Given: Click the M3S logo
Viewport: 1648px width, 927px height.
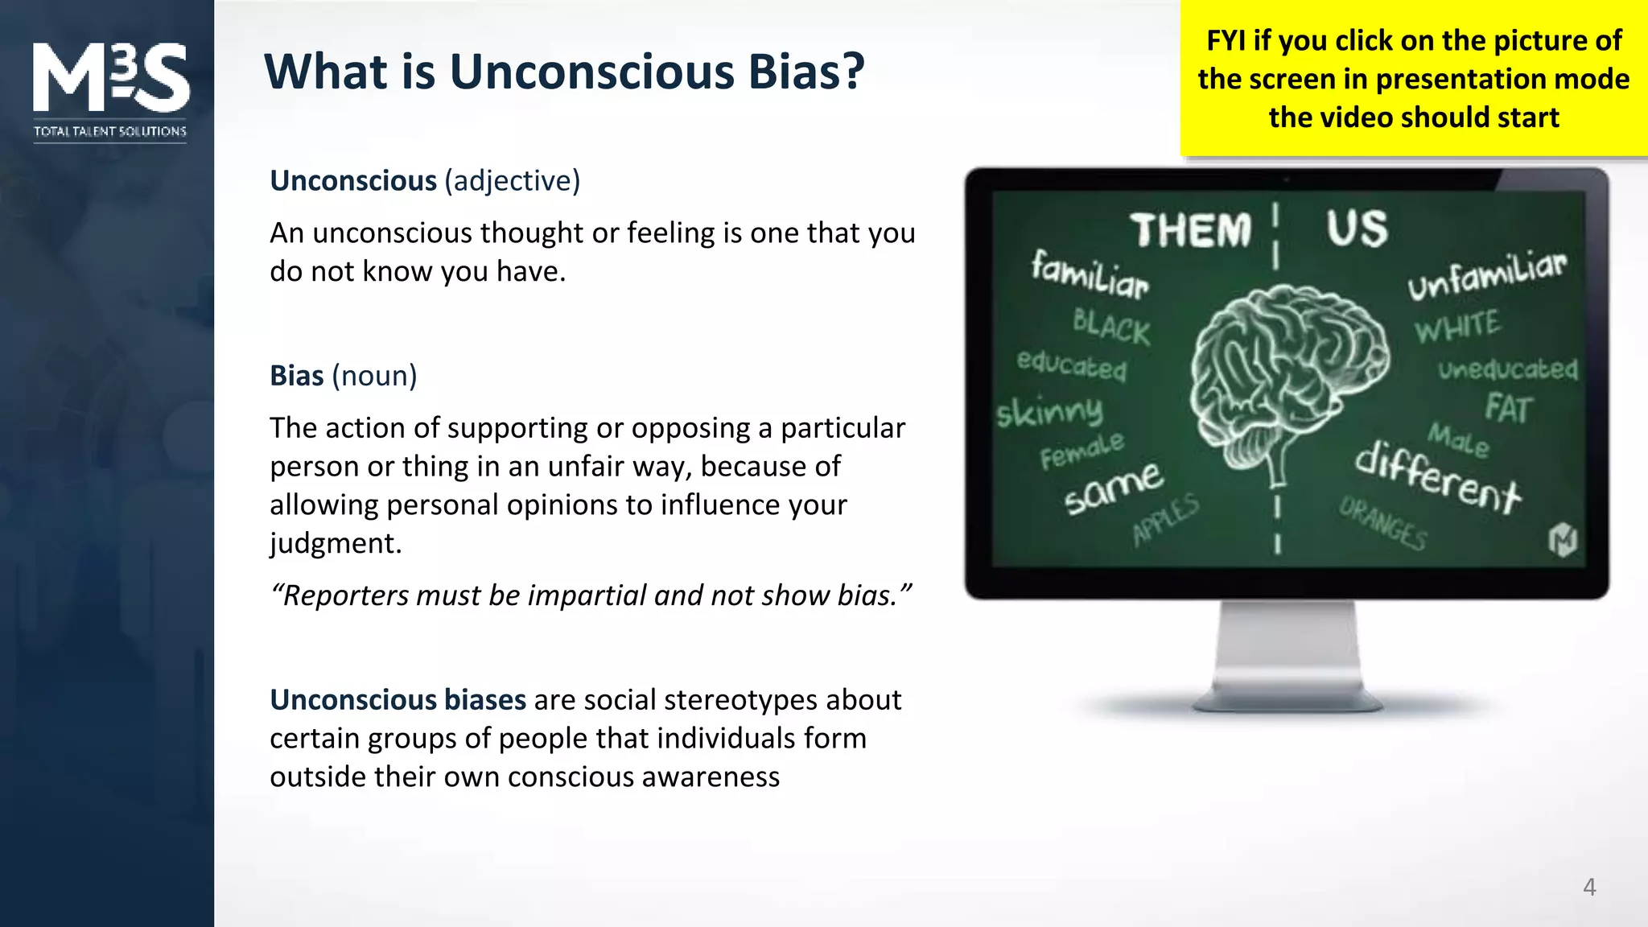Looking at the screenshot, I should (110, 78).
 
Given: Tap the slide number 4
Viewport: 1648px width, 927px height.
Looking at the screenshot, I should (1588, 887).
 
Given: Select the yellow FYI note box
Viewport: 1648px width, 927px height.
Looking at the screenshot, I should (1413, 79).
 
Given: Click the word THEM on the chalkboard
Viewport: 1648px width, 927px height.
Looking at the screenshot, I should (1190, 231).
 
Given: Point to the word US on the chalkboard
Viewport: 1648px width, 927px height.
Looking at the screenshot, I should (1357, 229).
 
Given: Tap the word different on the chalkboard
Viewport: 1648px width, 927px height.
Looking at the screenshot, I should (1437, 478).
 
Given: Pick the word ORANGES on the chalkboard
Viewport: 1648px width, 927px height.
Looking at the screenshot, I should (1383, 524).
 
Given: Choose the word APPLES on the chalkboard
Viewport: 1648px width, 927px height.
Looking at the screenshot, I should (1166, 521).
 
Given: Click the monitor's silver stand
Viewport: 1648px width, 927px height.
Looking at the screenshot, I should (1287, 656).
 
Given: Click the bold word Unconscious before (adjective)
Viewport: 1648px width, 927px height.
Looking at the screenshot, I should (352, 181).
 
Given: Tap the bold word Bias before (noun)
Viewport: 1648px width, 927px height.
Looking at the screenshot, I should (296, 376).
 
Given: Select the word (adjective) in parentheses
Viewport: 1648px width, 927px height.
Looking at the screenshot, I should (512, 181).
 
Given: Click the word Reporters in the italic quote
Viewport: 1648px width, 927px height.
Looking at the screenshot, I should (343, 595).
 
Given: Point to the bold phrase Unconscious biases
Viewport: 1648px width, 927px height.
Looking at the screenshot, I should (398, 700).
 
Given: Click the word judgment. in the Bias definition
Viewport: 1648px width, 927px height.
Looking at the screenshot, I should (336, 544).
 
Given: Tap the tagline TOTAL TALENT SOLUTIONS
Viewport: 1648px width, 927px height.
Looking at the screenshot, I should (110, 131).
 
